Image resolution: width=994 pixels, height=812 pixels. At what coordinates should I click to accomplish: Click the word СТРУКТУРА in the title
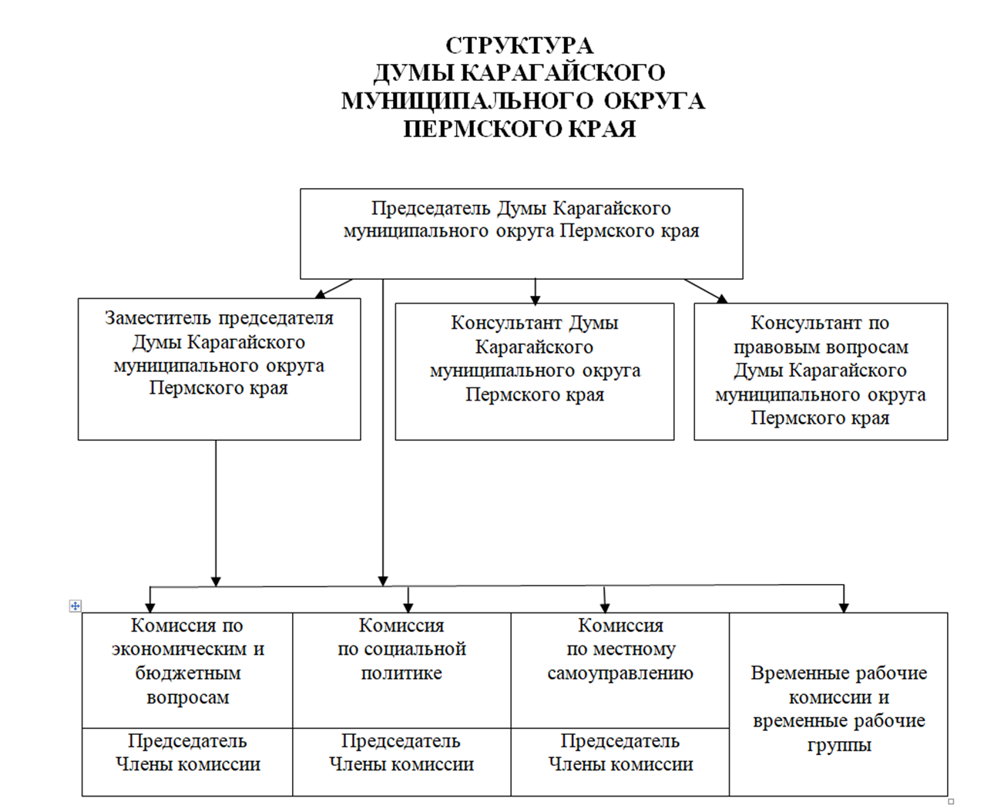click(x=519, y=45)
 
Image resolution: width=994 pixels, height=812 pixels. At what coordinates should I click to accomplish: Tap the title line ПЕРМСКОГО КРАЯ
click(x=519, y=129)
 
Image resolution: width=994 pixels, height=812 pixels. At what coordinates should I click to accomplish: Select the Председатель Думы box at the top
click(x=521, y=233)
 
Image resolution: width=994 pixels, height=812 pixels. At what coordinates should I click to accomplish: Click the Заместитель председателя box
click(x=219, y=369)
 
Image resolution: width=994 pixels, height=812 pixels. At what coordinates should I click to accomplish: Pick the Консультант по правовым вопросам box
click(x=820, y=371)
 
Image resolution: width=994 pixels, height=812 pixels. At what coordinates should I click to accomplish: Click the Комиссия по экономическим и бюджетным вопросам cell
click(x=187, y=669)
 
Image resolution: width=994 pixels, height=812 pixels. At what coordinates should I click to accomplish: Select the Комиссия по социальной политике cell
click(x=401, y=669)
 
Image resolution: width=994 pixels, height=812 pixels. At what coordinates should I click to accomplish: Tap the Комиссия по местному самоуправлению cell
click(x=620, y=669)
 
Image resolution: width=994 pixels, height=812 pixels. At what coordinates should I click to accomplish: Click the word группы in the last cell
click(x=839, y=745)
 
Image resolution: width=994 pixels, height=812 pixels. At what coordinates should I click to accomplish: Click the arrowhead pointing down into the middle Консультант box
click(x=536, y=298)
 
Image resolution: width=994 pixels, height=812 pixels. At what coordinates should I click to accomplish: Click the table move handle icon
click(x=75, y=606)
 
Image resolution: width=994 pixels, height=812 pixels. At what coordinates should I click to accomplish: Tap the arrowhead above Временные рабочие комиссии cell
click(x=844, y=607)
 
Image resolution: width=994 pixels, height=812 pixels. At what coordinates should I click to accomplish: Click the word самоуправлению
click(x=620, y=673)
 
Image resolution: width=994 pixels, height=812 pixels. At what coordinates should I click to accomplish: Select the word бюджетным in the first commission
click(x=187, y=673)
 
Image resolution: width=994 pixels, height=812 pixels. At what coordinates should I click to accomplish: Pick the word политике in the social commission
click(x=401, y=673)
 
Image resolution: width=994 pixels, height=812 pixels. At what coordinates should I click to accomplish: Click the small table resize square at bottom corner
click(x=951, y=801)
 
